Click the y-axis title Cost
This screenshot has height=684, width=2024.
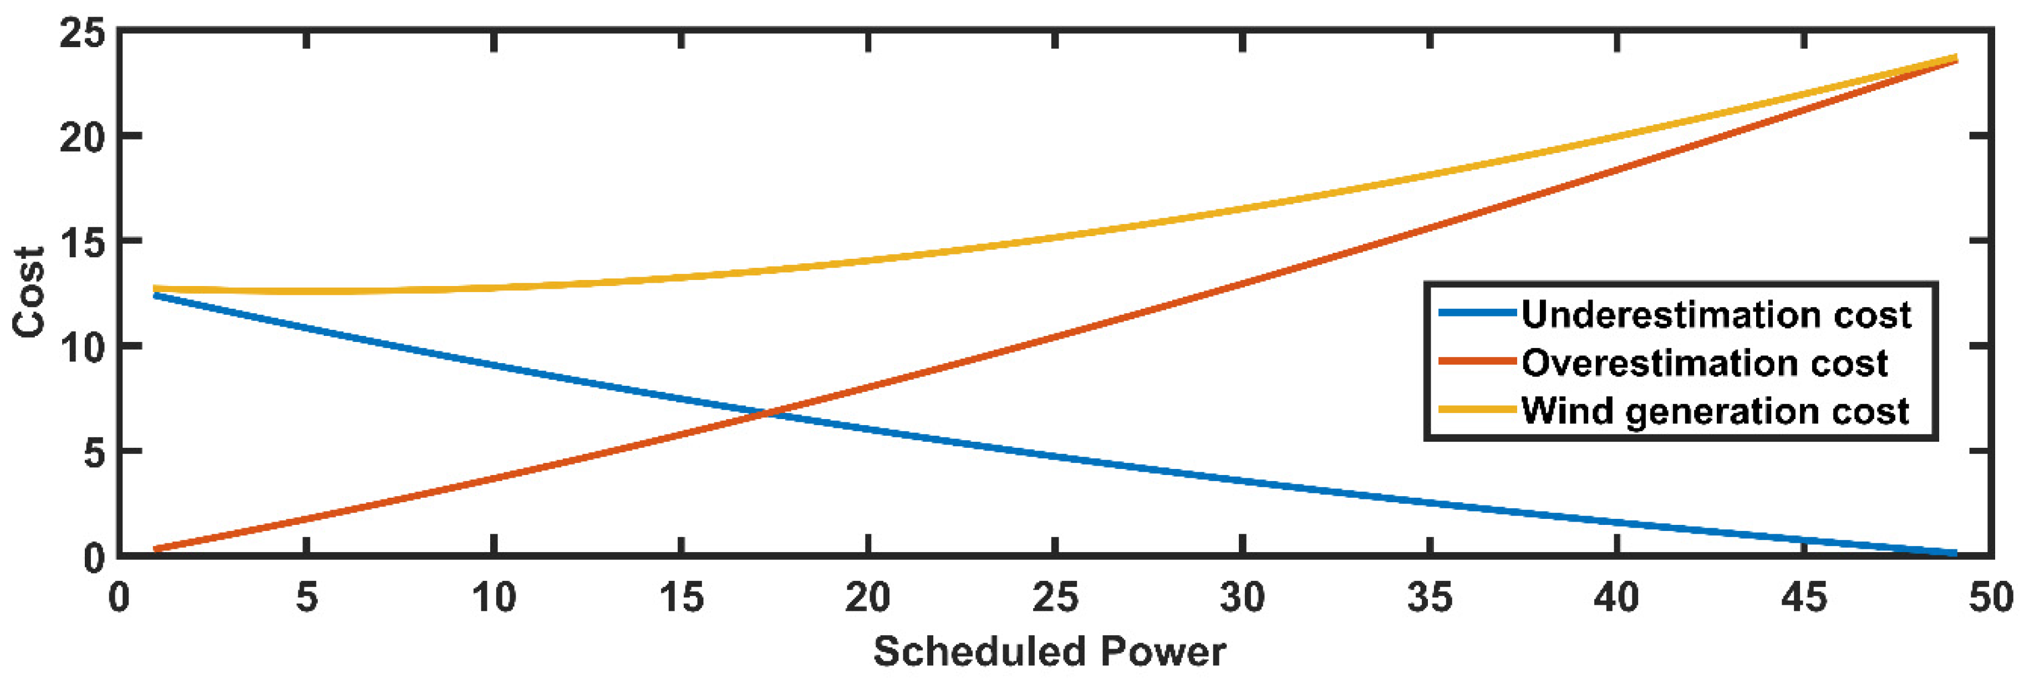tap(30, 292)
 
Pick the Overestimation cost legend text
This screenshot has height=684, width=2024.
tap(1704, 363)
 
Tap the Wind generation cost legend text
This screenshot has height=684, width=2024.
tap(1715, 411)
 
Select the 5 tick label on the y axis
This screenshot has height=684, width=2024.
tap(94, 453)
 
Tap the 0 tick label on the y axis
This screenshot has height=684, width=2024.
tap(94, 558)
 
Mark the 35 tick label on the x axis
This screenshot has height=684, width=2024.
tap(1429, 599)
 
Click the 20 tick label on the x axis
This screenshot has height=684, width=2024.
tap(867, 599)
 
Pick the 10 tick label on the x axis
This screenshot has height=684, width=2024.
tap(494, 599)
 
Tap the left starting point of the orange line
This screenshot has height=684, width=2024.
tap(156, 549)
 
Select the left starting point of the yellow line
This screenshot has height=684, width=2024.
tap(156, 288)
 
